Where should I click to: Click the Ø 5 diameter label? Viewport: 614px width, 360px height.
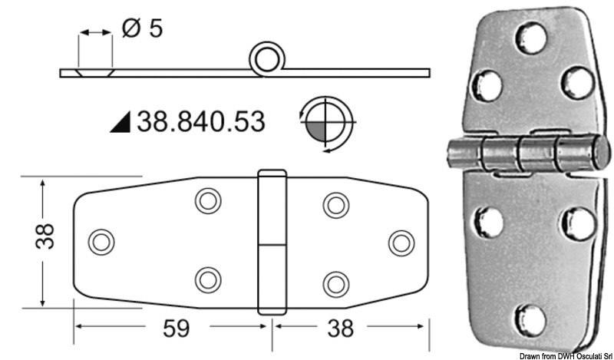[x=142, y=29]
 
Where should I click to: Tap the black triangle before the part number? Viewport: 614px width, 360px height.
[x=121, y=121]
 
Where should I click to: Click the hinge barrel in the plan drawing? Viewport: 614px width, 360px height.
[x=267, y=242]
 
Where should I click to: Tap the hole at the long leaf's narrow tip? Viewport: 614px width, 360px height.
[x=99, y=242]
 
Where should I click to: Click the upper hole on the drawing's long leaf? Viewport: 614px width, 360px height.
[x=206, y=202]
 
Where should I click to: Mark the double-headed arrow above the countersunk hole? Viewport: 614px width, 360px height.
[x=95, y=33]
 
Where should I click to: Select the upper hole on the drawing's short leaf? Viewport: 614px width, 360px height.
[x=333, y=204]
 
